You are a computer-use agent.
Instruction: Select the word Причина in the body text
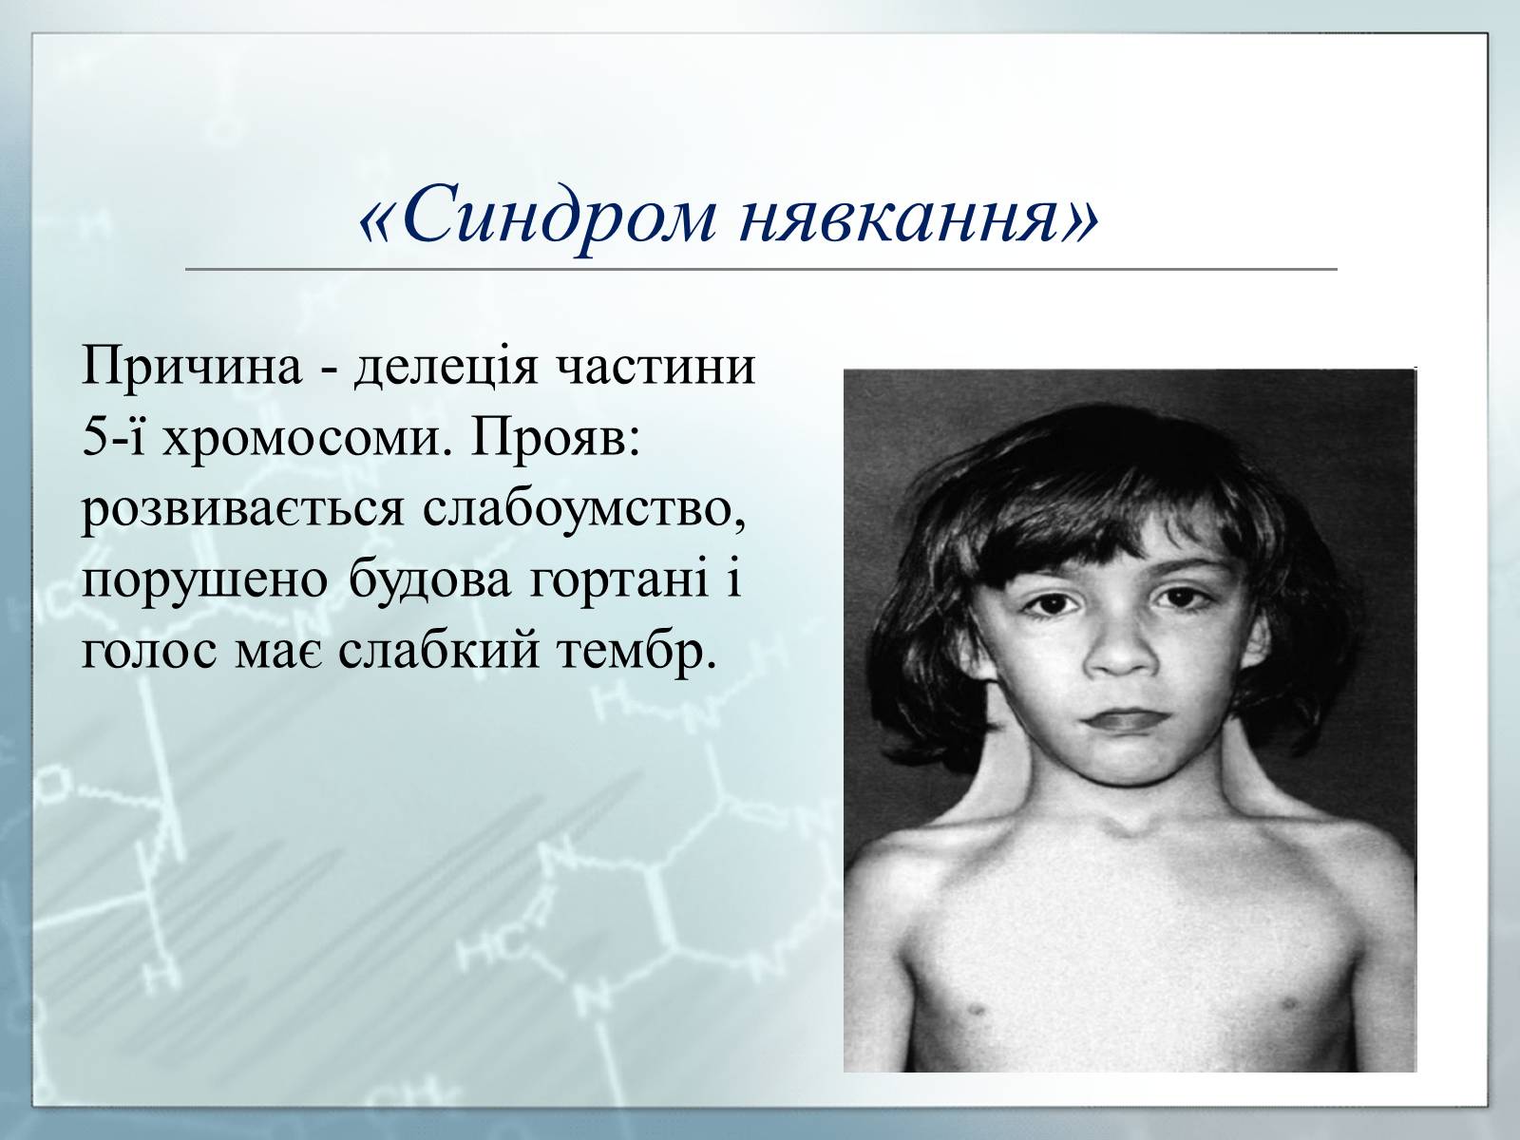tap(193, 367)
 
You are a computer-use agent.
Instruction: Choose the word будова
tap(430, 579)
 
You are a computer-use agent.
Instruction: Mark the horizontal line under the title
tap(761, 269)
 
